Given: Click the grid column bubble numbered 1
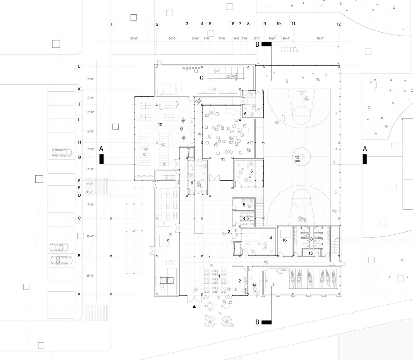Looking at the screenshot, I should point(112,24).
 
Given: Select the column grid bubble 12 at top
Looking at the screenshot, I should point(338,24).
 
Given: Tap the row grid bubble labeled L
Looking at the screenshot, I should point(79,66).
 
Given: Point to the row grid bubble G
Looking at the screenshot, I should point(79,157).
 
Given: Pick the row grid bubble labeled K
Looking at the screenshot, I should point(79,89).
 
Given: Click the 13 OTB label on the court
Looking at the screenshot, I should point(297,159).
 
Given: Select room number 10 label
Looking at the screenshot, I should point(160,125).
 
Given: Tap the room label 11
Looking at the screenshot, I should point(223,159).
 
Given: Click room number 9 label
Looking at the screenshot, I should point(168,241).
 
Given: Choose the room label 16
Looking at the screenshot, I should point(285,240).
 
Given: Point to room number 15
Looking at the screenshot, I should point(311,253).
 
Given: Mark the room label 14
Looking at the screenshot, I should point(255,285).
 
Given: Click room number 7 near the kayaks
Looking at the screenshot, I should point(273,285).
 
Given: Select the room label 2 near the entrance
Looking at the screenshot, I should point(240,281).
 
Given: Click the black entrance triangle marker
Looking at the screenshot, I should point(194,307).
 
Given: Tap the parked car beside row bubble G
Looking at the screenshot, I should point(61,152).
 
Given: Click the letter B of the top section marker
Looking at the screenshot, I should point(257,44).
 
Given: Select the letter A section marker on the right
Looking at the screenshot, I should point(365,149).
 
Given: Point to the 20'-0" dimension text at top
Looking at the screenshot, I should point(173,39).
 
